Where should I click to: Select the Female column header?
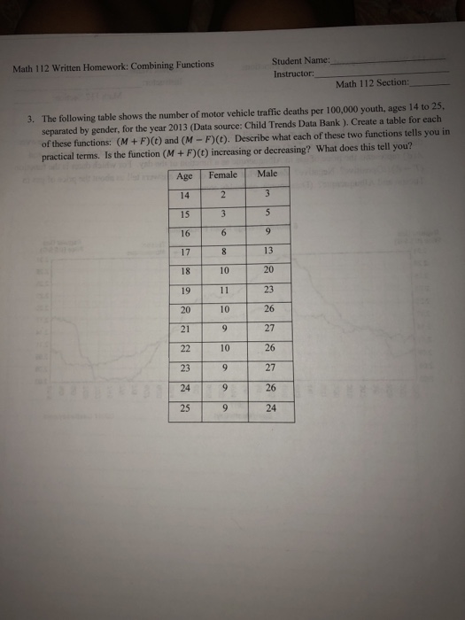[x=223, y=175]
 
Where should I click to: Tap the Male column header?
[x=266, y=175]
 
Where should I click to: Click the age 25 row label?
[x=185, y=412]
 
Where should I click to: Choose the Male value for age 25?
[x=269, y=411]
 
